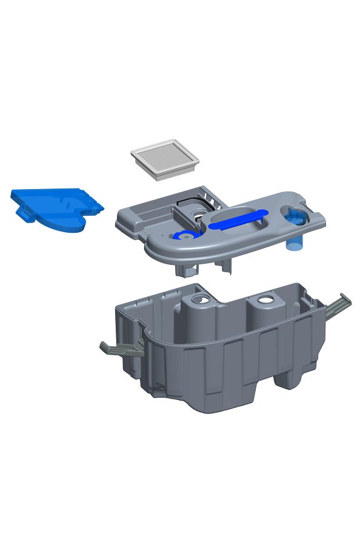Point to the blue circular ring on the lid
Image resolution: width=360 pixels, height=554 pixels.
click(x=184, y=236)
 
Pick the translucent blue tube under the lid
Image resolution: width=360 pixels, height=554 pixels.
click(x=294, y=242)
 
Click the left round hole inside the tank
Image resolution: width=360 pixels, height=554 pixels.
click(x=199, y=300)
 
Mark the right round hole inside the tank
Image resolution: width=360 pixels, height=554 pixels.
click(x=264, y=300)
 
